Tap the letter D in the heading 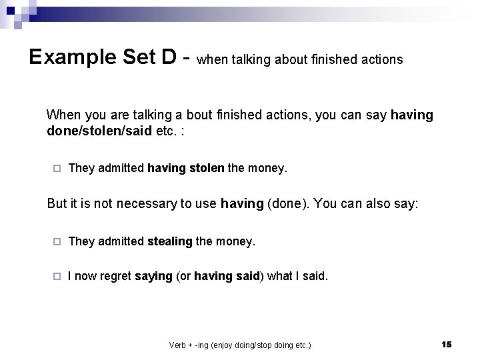[x=169, y=57]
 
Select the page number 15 [x=446, y=344]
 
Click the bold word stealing [x=169, y=241]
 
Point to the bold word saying [x=153, y=275]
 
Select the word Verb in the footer [x=178, y=345]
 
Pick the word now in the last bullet [x=86, y=275]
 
